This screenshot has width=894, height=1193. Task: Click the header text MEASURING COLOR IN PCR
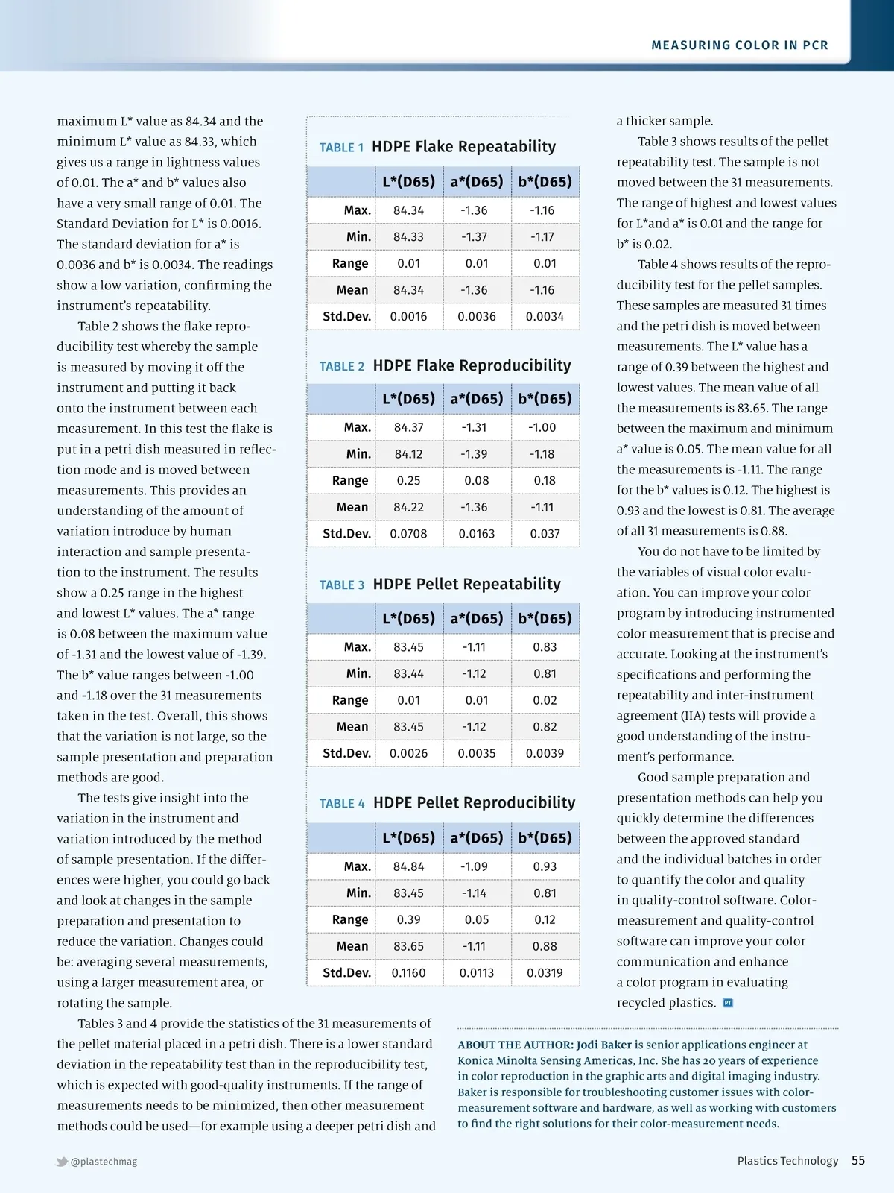click(740, 45)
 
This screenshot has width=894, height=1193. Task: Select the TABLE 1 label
click(341, 148)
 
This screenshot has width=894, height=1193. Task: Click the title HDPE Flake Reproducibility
click(472, 365)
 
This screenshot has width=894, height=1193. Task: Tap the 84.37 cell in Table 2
click(408, 427)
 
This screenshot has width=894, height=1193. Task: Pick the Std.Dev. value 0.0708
click(408, 534)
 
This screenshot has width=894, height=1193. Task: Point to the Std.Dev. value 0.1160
click(408, 973)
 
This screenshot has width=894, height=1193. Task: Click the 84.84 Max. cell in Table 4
click(408, 866)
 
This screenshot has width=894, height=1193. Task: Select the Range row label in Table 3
click(350, 700)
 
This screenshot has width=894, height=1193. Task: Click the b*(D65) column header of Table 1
click(545, 182)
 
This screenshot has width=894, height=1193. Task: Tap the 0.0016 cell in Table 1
click(408, 317)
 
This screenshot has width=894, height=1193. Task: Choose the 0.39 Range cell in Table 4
click(408, 920)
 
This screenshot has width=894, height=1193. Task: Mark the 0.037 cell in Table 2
click(545, 534)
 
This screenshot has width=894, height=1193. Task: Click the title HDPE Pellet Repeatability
click(466, 584)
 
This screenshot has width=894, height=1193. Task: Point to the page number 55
click(858, 1161)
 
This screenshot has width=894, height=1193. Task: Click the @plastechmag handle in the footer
click(104, 1162)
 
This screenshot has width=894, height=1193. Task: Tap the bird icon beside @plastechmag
click(62, 1162)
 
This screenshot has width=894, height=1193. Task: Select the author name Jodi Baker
click(603, 1045)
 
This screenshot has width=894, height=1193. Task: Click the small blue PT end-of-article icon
click(728, 1003)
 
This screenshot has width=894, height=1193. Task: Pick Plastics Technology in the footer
click(787, 1161)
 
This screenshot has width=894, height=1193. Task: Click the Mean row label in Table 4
click(352, 946)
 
